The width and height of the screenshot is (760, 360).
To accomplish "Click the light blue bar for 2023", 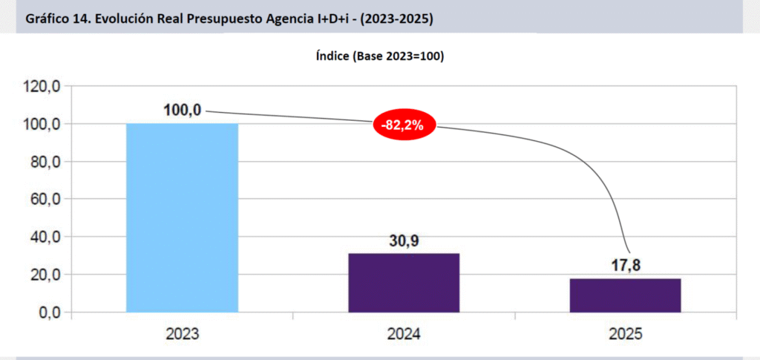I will click(x=182, y=217).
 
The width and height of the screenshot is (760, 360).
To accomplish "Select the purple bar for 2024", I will click(x=404, y=283).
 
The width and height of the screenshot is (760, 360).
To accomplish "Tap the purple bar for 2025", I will click(x=625, y=295).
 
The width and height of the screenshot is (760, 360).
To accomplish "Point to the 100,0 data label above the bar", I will click(x=182, y=111).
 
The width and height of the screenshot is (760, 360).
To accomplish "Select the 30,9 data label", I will click(x=404, y=240).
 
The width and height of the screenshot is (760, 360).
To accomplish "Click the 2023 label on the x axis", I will click(x=183, y=334).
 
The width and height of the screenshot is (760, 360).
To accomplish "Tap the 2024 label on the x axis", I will click(x=404, y=334).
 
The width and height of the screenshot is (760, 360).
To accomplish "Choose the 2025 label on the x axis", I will click(x=625, y=334).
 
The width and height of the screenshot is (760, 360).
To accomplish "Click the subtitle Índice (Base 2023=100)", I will click(x=379, y=56).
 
